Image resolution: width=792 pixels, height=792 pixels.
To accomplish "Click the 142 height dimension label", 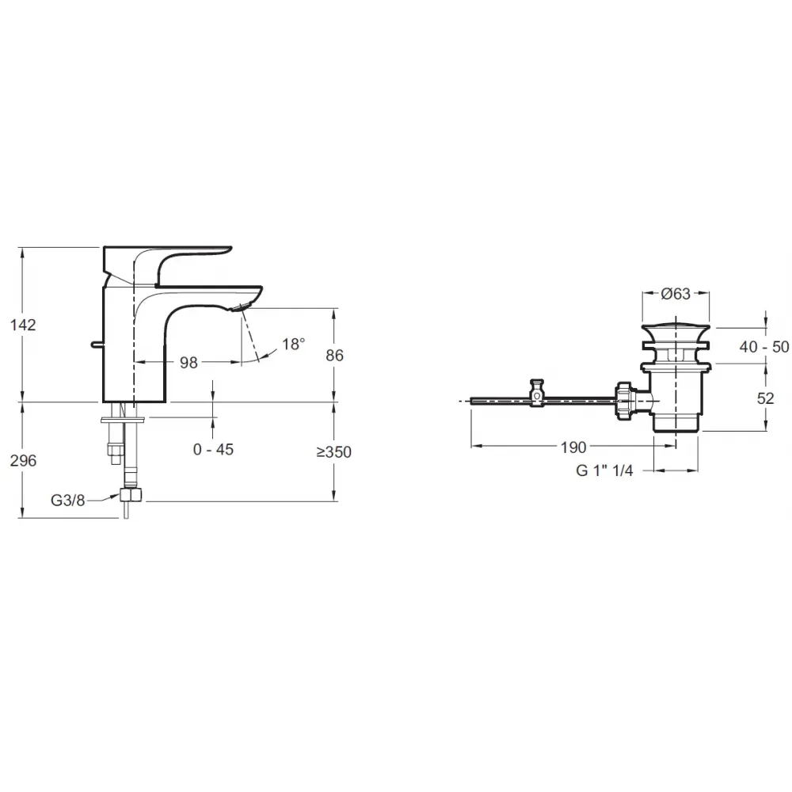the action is [x=23, y=325].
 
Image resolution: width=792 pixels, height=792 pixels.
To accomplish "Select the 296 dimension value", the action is [x=23, y=461].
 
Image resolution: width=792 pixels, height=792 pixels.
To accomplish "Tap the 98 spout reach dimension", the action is [x=189, y=363].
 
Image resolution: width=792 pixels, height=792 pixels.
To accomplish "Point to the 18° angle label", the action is [x=294, y=344].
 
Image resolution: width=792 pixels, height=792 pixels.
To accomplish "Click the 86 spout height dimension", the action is [x=334, y=356].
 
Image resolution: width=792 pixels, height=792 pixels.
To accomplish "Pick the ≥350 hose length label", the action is [x=334, y=452].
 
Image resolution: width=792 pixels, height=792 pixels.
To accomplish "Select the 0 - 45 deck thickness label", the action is [x=213, y=449].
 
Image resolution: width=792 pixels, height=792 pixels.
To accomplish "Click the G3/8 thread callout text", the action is [x=67, y=500].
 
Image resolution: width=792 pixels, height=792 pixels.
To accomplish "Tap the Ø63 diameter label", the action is [x=676, y=294].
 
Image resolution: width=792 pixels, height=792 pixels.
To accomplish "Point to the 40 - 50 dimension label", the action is [x=764, y=347].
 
